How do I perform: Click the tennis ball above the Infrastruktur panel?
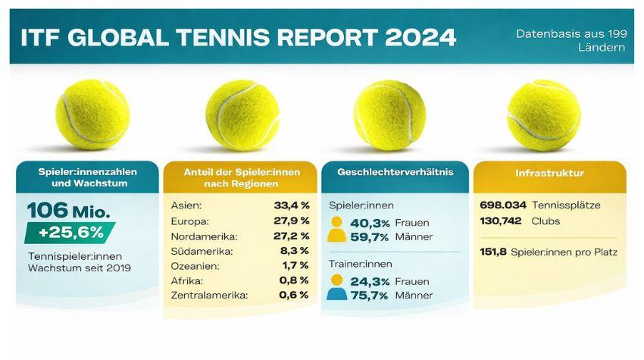(x=543, y=114)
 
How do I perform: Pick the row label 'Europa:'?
(x=189, y=220)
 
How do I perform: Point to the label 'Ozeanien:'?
(x=195, y=265)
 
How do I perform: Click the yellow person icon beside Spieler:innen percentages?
(x=338, y=230)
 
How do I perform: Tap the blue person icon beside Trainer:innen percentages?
(x=338, y=287)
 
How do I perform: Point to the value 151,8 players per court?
(x=494, y=252)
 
